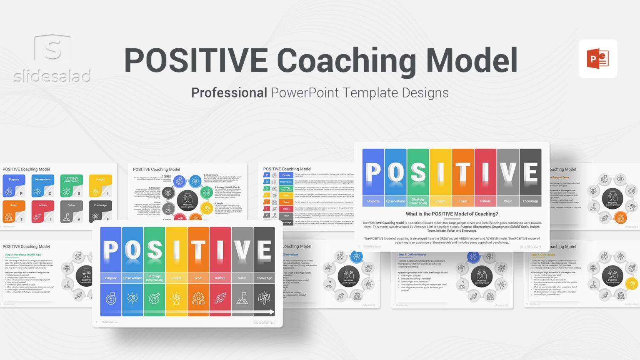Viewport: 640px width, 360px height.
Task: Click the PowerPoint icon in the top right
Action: click(597, 59)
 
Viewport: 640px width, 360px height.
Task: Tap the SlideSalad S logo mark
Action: click(52, 48)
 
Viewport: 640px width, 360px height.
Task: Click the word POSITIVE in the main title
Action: click(196, 61)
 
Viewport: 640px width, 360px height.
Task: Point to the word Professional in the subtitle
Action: click(229, 92)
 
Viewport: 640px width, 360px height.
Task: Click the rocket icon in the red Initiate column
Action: click(220, 298)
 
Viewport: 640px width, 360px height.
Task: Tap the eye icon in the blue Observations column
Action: click(132, 298)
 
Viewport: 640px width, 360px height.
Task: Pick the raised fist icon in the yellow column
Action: click(176, 298)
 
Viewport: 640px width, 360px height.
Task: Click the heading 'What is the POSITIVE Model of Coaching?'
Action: click(452, 214)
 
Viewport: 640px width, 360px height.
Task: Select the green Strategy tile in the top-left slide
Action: click(71, 185)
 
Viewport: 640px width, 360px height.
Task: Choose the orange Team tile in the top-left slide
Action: click(14, 211)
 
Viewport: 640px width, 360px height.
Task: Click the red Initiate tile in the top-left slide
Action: click(42, 211)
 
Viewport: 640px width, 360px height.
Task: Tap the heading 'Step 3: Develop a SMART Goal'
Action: click(23, 255)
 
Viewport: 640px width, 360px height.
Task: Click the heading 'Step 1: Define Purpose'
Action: click(412, 255)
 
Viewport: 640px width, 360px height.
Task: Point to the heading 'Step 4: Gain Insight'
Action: click(542, 255)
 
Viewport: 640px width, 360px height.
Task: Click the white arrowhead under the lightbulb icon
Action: click(272, 312)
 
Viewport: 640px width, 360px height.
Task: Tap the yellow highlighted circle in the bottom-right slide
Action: click(632, 284)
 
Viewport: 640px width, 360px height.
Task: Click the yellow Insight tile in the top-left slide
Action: click(100, 185)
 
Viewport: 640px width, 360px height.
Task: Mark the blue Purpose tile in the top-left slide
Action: click(14, 185)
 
